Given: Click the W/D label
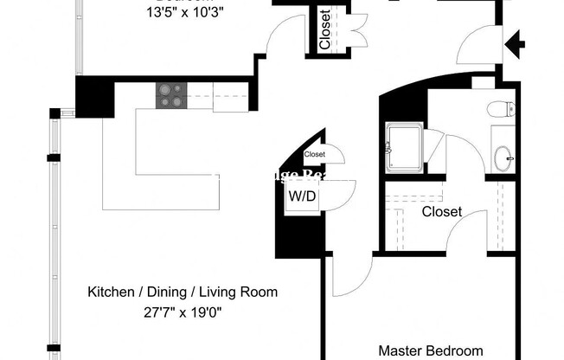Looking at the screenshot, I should click(302, 196).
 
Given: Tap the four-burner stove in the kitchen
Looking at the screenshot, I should click(170, 95).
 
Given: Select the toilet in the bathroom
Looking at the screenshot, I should click(501, 110).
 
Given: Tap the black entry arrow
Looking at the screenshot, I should click(516, 41).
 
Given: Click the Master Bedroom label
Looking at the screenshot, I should click(431, 350).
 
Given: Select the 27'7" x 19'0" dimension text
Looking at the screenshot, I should click(183, 313).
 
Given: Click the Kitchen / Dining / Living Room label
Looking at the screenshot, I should click(183, 292).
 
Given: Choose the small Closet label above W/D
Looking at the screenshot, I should click(314, 154).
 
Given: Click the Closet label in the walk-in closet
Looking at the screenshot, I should click(441, 211).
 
